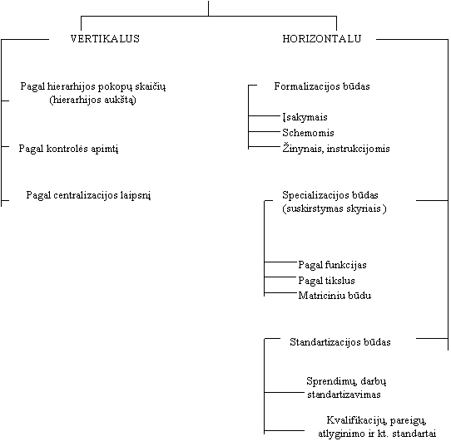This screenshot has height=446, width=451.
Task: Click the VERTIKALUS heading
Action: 105,39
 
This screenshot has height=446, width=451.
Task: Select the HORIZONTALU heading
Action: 322,39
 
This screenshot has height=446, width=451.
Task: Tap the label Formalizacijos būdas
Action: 322,86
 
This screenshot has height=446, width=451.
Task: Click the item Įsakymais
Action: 305,117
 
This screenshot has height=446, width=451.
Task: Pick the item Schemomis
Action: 308,133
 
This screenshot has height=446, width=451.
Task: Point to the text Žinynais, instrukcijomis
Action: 336,149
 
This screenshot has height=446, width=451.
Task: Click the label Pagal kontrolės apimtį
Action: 68,149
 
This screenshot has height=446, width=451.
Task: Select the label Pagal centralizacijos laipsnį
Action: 88,195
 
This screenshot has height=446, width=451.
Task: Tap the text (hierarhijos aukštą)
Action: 92,100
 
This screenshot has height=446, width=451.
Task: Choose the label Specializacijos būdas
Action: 330,195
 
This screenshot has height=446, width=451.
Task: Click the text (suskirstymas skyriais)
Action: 335,208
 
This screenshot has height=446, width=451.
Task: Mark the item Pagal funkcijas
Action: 332,265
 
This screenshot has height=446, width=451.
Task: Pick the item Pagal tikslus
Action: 326,281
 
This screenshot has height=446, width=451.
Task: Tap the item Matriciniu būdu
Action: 335,296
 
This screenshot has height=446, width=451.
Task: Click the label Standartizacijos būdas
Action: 340,342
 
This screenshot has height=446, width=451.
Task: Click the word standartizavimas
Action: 344,395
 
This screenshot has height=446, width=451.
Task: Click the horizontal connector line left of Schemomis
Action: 264,132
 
